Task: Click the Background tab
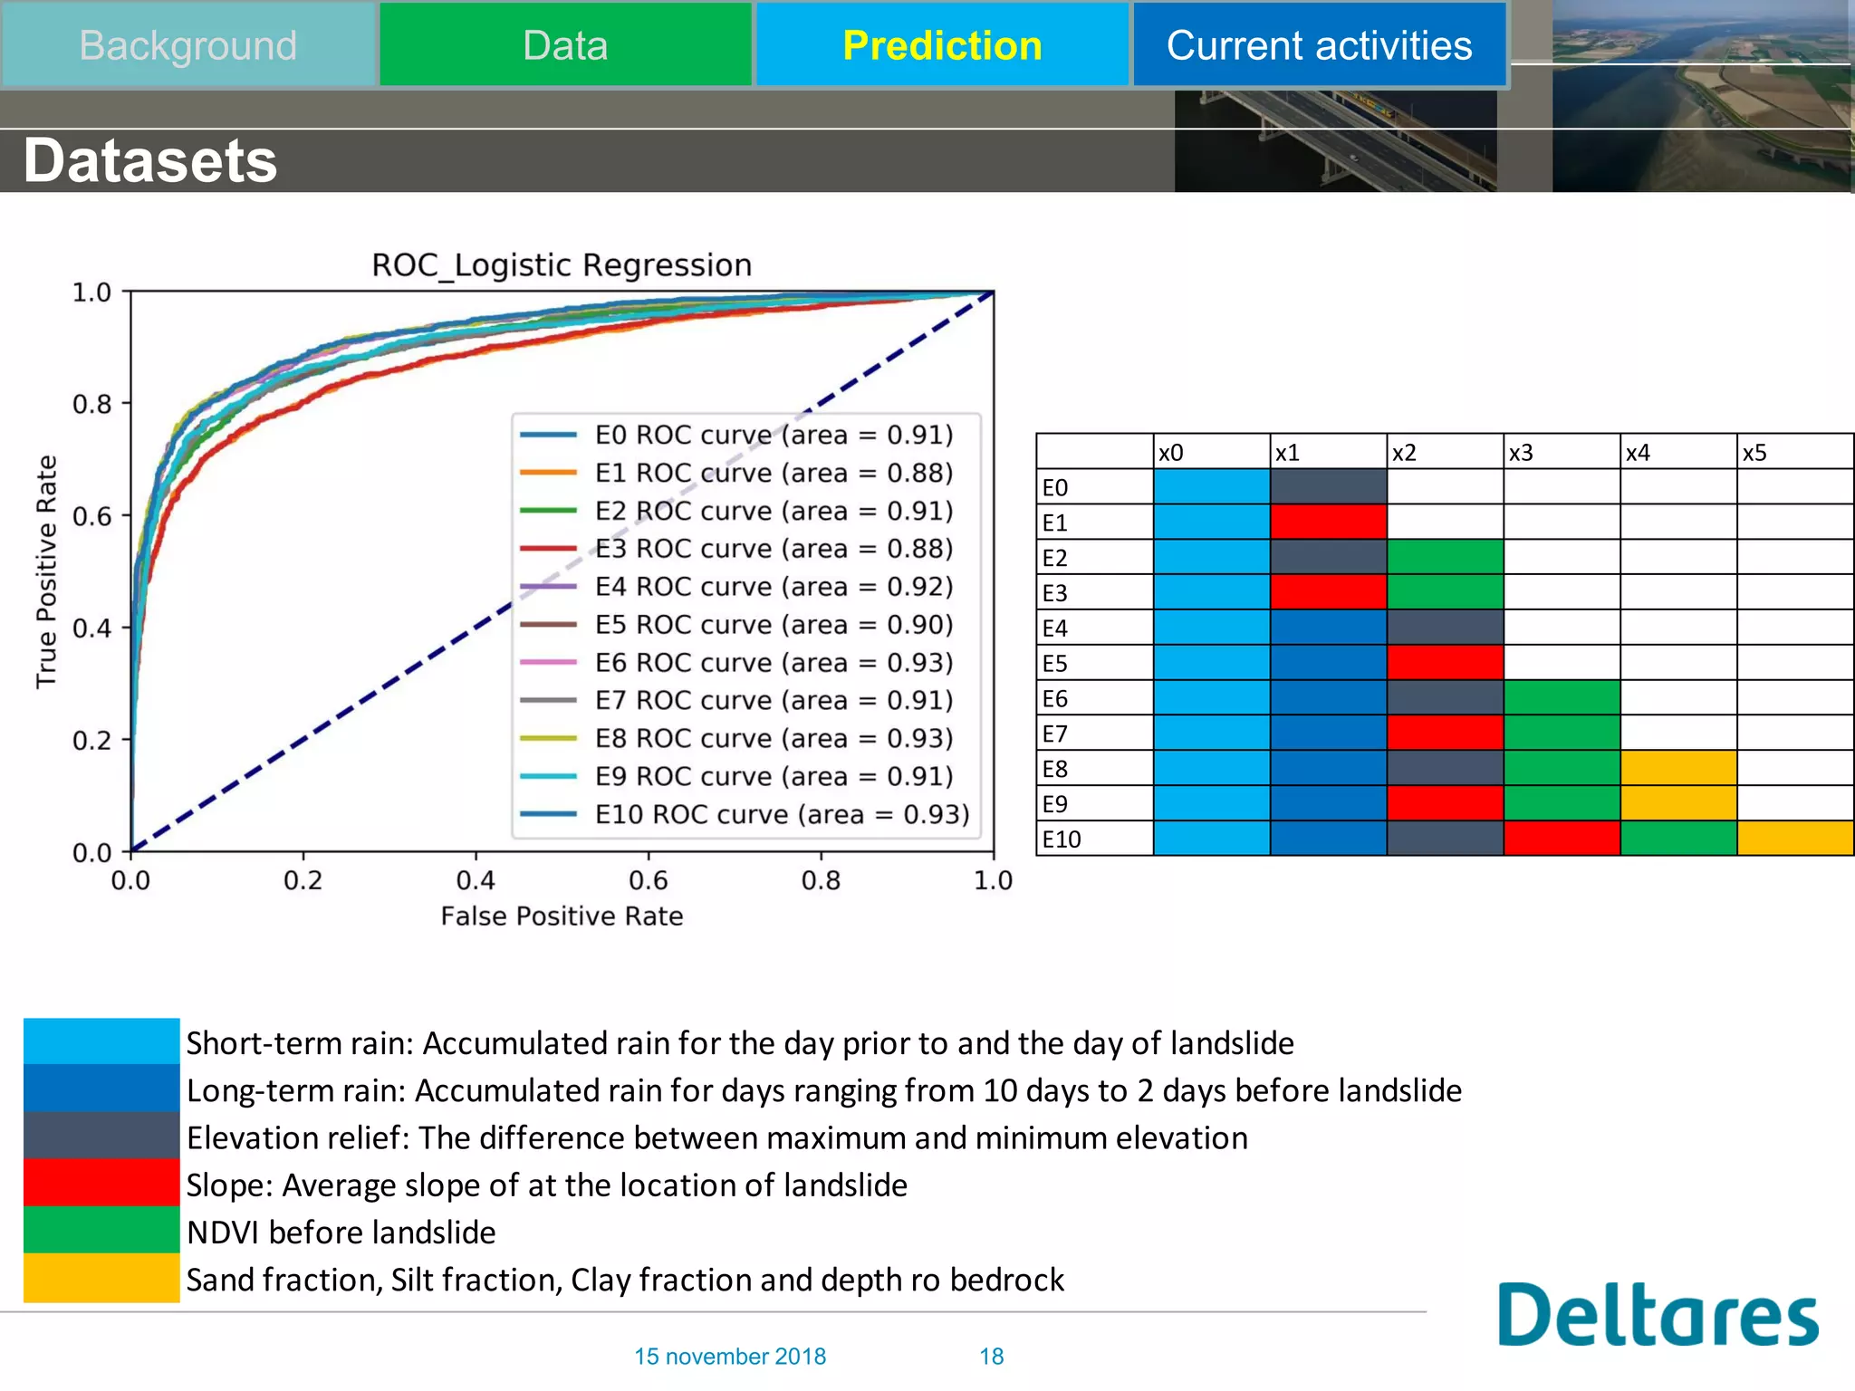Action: pyautogui.click(x=187, y=45)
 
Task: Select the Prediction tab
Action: pyautogui.click(x=942, y=45)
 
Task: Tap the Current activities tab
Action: pyautogui.click(x=1319, y=45)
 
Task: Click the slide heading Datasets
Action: pyautogui.click(x=150, y=161)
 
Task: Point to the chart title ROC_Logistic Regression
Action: pyautogui.click(x=562, y=265)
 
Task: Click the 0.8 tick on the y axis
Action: pyautogui.click(x=91, y=404)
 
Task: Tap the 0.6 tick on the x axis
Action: pyautogui.click(x=648, y=880)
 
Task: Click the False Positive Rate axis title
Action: pyautogui.click(x=562, y=916)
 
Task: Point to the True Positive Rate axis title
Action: pyautogui.click(x=46, y=571)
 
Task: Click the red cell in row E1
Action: pyautogui.click(x=1328, y=523)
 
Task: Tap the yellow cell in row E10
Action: pyautogui.click(x=1794, y=839)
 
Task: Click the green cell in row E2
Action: pyautogui.click(x=1445, y=557)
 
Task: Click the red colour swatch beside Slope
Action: pyautogui.click(x=101, y=1183)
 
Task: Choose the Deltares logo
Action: pyautogui.click(x=1657, y=1314)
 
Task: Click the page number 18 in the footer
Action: pyautogui.click(x=991, y=1356)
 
